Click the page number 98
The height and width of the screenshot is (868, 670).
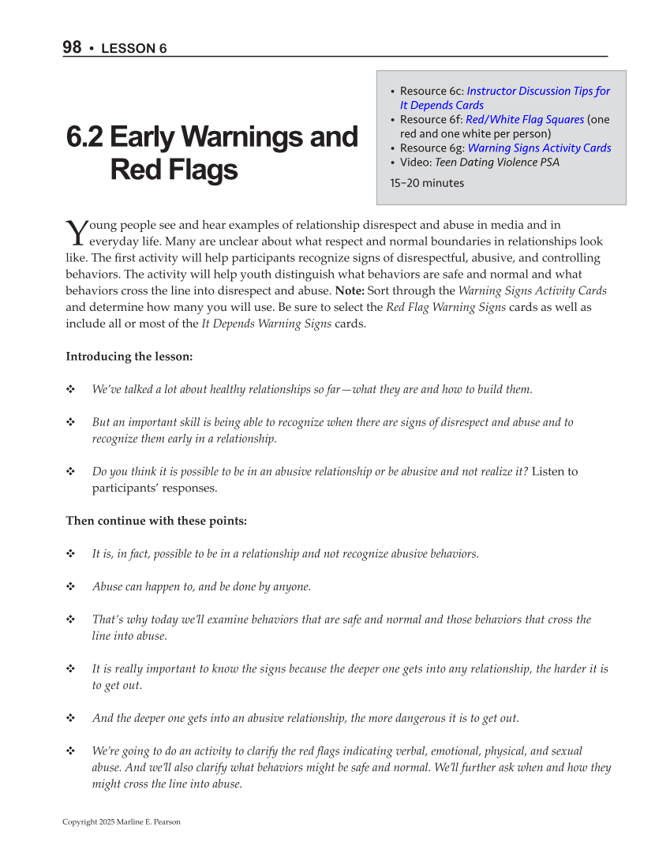click(72, 47)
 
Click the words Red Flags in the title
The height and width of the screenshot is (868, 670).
click(174, 170)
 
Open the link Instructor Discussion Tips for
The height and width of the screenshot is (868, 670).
click(538, 91)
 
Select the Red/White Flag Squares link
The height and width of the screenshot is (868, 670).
click(525, 119)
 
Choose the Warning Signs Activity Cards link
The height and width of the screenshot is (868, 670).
click(539, 148)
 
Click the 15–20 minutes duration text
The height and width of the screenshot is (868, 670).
click(427, 183)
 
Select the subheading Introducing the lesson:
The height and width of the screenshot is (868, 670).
click(129, 357)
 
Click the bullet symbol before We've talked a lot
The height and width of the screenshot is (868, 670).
click(70, 389)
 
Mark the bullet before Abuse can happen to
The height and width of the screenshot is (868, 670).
click(70, 586)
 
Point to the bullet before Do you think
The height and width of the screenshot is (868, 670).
click(70, 472)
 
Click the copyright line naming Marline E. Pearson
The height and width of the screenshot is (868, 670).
click(122, 821)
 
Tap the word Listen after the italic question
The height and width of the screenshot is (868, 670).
click(548, 472)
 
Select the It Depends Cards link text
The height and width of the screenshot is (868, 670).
click(442, 105)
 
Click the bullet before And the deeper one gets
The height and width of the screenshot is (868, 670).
click(70, 718)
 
